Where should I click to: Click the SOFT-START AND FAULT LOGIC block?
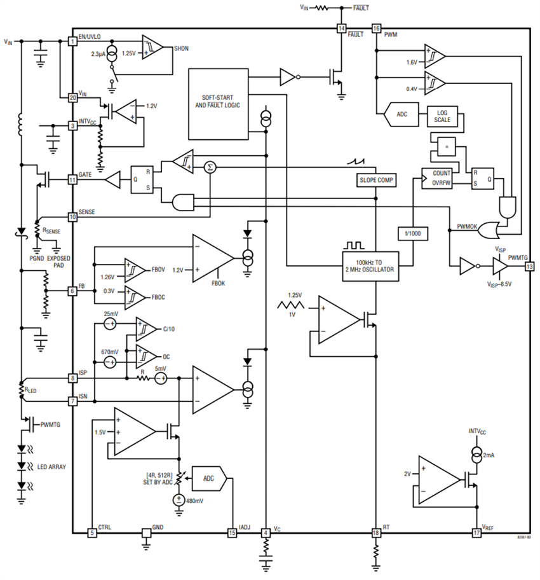(218, 104)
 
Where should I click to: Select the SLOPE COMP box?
(376, 181)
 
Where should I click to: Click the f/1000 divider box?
(413, 235)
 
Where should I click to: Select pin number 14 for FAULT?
(342, 29)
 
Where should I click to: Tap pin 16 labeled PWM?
(376, 29)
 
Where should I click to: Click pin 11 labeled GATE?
(72, 181)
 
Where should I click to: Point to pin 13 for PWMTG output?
(529, 266)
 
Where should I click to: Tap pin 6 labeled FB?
(72, 290)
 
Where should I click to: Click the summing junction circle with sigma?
(210, 167)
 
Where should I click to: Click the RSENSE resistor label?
(50, 231)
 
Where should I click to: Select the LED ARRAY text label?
(51, 466)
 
